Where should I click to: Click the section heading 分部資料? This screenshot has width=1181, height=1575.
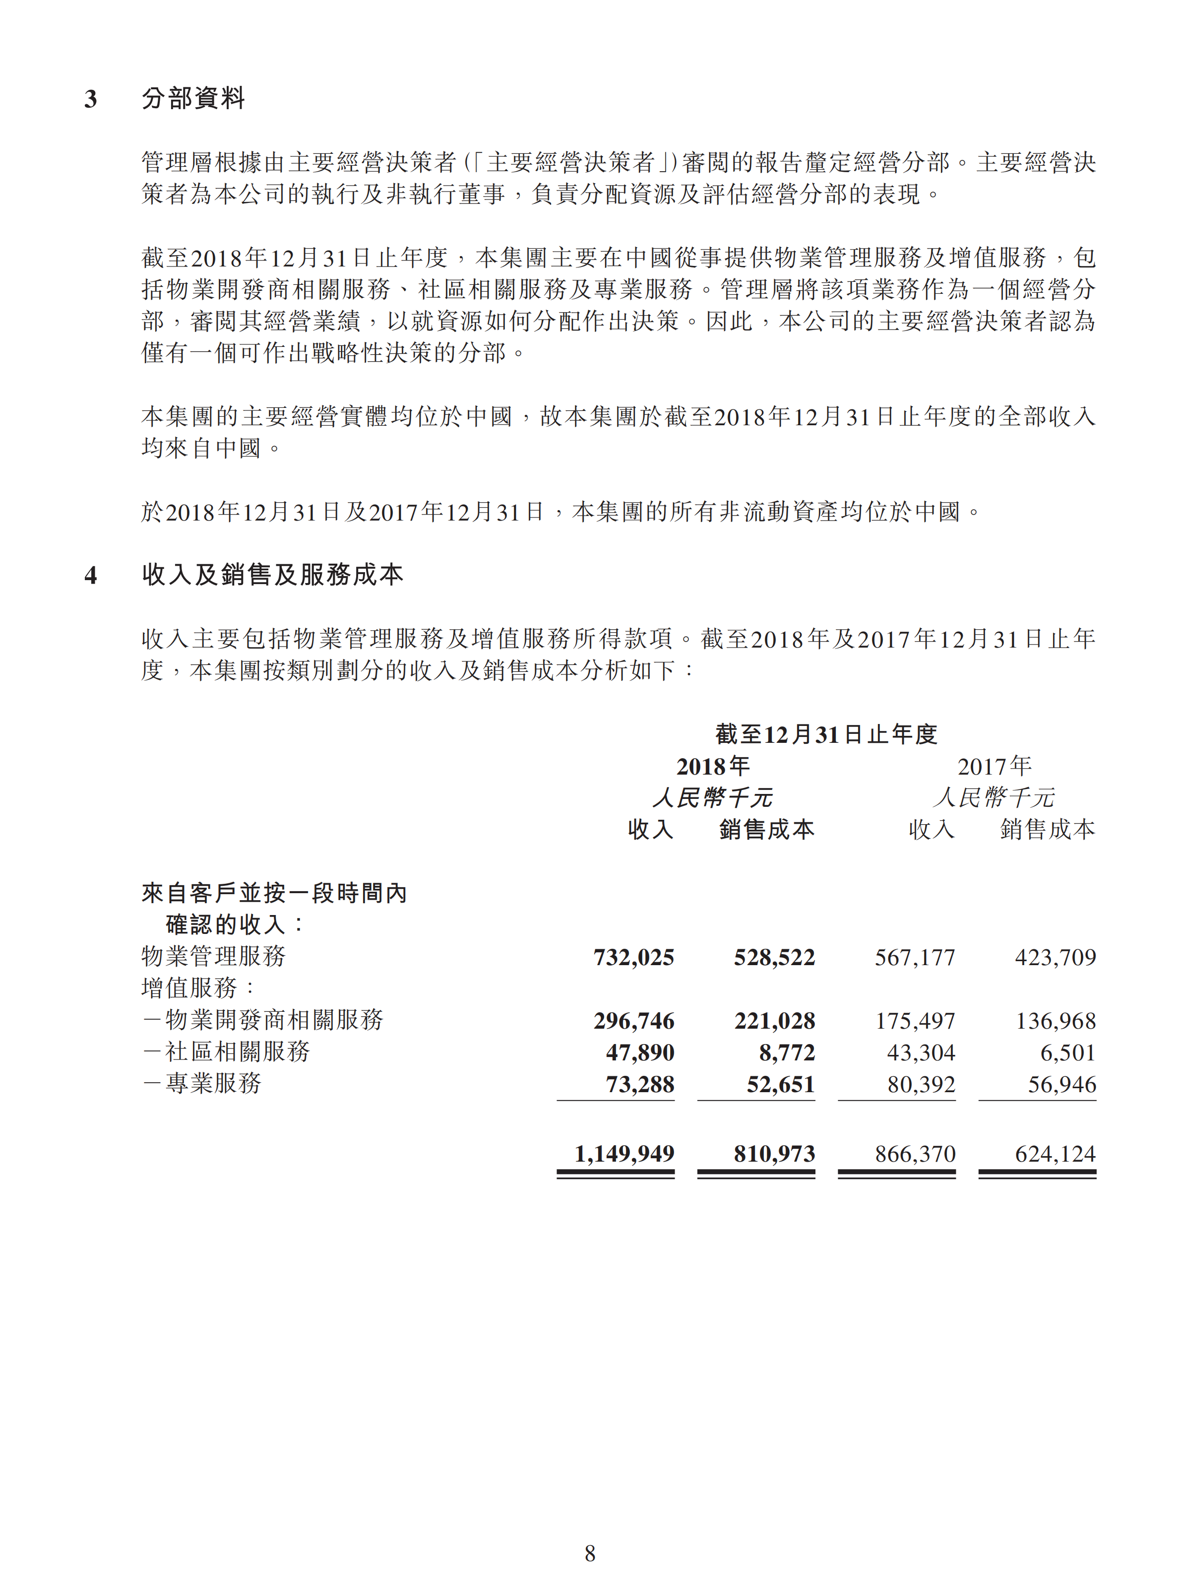pos(193,98)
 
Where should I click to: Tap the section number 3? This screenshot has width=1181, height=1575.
pos(90,99)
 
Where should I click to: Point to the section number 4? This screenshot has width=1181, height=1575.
pos(90,575)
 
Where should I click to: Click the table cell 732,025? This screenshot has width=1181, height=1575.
pos(633,957)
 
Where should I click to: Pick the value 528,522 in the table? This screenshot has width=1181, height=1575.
pos(774,957)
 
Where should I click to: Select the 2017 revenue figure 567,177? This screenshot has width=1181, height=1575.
pos(915,957)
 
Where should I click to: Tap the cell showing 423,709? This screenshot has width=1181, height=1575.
pos(1055,957)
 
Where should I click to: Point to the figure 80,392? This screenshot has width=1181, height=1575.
pos(921,1084)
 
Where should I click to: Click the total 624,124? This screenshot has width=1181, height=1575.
pos(1055,1154)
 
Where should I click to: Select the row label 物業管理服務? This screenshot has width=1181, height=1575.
pos(214,956)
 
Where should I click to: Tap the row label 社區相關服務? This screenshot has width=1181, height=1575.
pos(237,1051)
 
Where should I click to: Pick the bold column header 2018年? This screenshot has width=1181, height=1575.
pos(713,766)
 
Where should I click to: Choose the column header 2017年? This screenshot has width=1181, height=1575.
pos(994,766)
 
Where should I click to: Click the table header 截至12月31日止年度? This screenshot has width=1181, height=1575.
pos(826,734)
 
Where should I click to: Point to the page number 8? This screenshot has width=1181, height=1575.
pos(590,1553)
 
